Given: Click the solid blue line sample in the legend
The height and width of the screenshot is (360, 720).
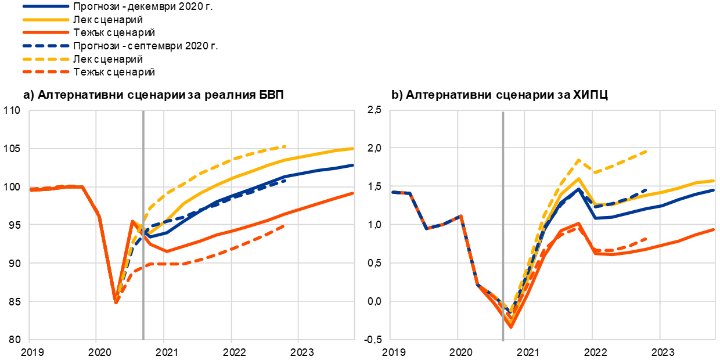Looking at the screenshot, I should click(46, 6).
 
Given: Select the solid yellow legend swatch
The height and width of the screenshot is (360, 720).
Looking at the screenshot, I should click(46, 20).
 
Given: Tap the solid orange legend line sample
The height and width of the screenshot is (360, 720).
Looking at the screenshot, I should click(46, 33).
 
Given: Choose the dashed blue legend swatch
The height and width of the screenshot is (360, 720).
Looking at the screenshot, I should click(46, 45).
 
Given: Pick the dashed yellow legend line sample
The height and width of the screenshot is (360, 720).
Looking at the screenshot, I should click(46, 59).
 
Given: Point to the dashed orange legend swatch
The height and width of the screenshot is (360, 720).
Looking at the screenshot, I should click(46, 72).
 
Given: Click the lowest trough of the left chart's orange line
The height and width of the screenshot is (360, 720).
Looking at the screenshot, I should click(116, 302).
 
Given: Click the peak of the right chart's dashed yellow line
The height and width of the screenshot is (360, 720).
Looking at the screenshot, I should click(579, 160).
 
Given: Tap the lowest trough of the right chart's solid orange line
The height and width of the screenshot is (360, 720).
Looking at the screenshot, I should click(511, 327).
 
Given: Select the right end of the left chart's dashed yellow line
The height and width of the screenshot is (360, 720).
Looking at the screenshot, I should click(285, 146).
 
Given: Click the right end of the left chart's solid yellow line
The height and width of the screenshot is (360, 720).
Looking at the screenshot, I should click(353, 149).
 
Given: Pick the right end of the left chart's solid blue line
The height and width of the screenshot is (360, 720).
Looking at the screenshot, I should click(353, 165).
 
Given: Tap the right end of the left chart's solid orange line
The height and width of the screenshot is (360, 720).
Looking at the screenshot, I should click(353, 193).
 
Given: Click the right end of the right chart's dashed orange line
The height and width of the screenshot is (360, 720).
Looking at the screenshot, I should click(646, 239).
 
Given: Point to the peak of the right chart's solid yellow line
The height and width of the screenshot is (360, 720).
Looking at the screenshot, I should click(579, 178).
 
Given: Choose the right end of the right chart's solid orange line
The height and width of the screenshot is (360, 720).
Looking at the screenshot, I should click(714, 229).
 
